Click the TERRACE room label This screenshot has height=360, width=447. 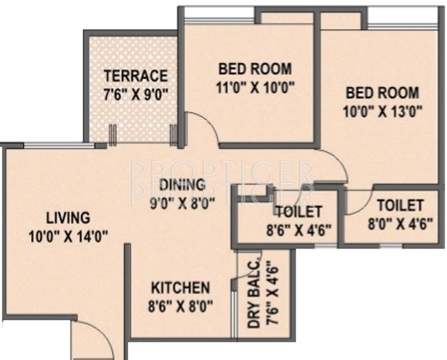(136, 75)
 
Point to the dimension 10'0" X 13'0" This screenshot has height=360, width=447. (383, 110)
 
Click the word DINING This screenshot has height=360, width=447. (182, 184)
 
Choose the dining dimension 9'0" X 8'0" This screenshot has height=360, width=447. (183, 202)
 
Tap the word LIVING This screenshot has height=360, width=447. (68, 218)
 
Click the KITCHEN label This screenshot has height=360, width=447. (181, 287)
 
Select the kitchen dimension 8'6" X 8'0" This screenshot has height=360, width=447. (181, 306)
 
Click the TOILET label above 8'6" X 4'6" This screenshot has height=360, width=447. (298, 212)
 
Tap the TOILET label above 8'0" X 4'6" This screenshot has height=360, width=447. (400, 205)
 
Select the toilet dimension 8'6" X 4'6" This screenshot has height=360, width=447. (298, 230)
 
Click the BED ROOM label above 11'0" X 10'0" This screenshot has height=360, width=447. (255, 68)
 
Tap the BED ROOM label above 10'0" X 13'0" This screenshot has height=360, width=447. (382, 92)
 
